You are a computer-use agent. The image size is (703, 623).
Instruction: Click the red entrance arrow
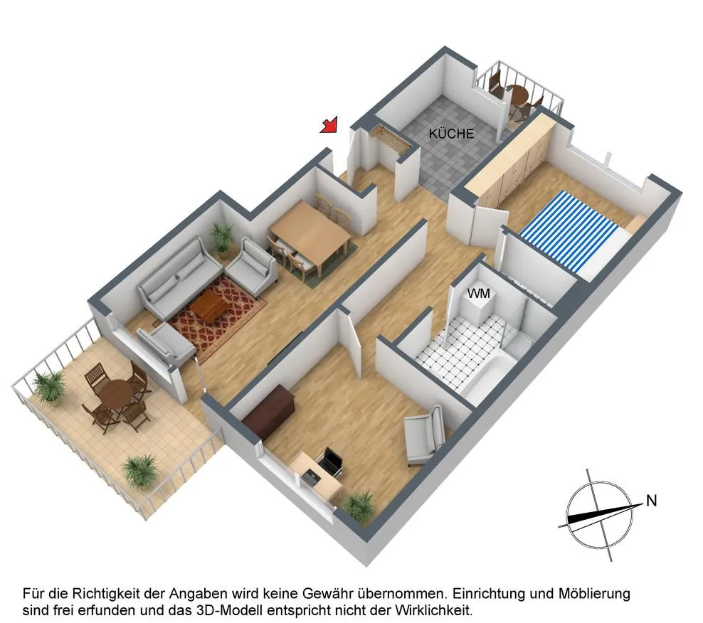(x=329, y=125)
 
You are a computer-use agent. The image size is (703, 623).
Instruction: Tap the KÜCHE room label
(x=451, y=134)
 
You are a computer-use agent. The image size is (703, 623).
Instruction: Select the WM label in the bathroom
(x=478, y=294)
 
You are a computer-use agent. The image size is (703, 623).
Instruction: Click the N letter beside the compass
(x=652, y=500)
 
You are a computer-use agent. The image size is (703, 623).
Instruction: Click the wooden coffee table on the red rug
(x=209, y=305)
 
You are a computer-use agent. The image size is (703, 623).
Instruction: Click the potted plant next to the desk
(x=359, y=507)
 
